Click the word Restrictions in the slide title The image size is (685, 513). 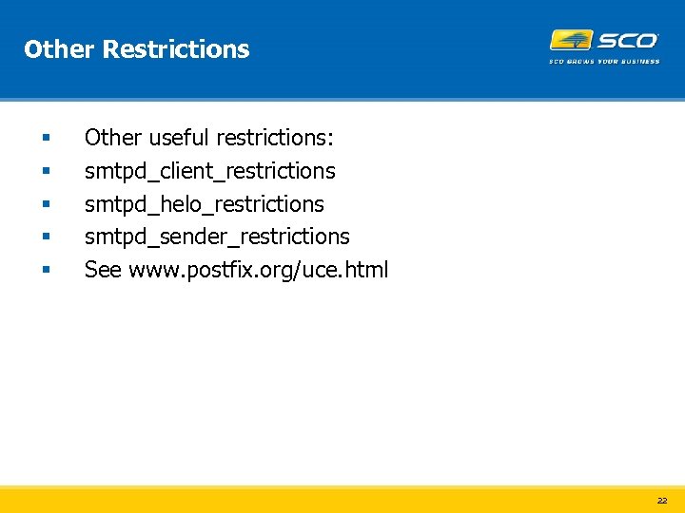(175, 49)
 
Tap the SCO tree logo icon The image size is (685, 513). (570, 41)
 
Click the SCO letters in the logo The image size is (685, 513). (626, 41)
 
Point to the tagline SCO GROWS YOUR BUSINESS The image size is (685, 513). (604, 62)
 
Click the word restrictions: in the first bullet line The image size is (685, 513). (275, 138)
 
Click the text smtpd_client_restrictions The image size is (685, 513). (209, 171)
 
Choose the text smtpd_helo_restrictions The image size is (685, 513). (204, 204)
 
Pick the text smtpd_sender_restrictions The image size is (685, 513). (217, 237)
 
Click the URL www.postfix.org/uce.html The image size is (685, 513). (258, 270)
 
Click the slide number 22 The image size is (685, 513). (661, 500)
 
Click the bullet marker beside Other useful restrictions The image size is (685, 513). (45, 139)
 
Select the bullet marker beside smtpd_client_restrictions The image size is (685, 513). (45, 172)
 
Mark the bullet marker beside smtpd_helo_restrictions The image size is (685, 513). (45, 204)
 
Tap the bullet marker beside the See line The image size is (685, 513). (45, 271)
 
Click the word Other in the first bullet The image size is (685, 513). (112, 138)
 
